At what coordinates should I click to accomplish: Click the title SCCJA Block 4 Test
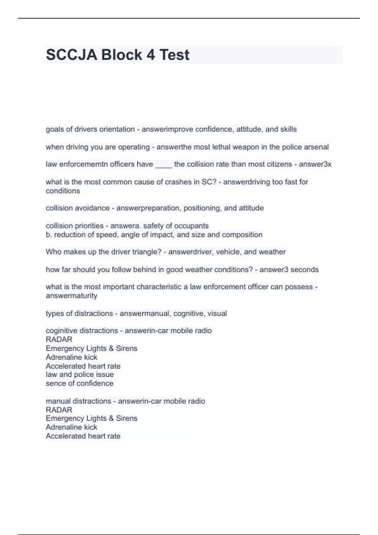coord(117,55)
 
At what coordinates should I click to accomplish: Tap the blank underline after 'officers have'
coord(163,165)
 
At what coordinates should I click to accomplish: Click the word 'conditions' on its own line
coord(63,191)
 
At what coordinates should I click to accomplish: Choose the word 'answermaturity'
coord(72,296)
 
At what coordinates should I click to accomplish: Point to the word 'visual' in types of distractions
coord(217,313)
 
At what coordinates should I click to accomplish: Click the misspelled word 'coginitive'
coord(62,330)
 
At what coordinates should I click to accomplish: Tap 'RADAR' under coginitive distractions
coord(59,339)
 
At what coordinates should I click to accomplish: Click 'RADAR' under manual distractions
coord(59,410)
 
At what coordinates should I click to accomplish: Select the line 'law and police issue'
coord(80,374)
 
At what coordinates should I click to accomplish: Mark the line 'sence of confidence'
coord(79,383)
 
